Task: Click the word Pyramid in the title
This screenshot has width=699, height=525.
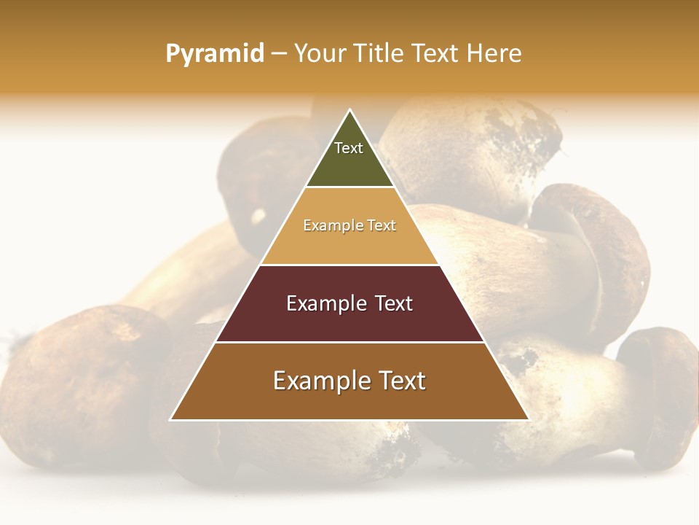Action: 214,54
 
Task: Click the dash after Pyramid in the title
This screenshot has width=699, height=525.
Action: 279,54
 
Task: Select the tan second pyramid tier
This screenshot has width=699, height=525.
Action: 349,244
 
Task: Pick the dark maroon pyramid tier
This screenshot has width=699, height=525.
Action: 349,321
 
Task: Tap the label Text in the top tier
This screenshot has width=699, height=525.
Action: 349,148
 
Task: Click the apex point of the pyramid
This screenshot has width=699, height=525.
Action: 350,110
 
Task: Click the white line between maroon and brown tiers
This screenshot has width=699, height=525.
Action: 349,342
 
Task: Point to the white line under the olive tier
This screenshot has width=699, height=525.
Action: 349,187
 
